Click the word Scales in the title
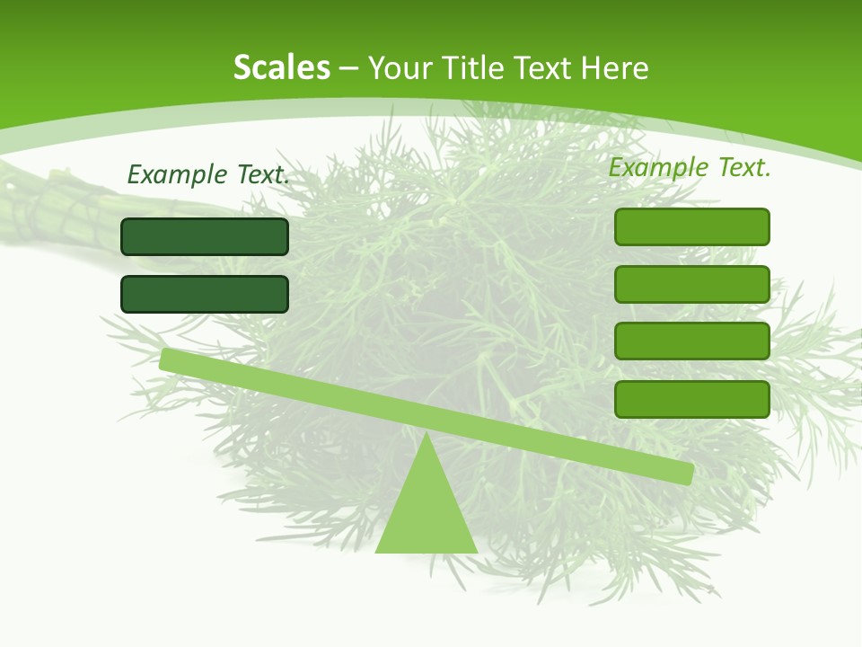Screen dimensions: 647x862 coord(281,67)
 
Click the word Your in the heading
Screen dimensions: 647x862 coord(400,67)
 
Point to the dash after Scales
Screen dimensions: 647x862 coord(349,68)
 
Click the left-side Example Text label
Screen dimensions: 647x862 coord(208,174)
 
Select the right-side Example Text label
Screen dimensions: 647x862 coord(690,167)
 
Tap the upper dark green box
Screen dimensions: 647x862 coord(205,236)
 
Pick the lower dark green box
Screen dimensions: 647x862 coord(205,294)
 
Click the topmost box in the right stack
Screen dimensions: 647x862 coord(691,226)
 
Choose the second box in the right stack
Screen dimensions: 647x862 coord(691,284)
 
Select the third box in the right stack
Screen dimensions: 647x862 coord(691,341)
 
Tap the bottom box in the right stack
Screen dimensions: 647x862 coord(691,399)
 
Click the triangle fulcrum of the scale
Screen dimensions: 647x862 coord(426,512)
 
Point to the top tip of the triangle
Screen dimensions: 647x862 coord(426,435)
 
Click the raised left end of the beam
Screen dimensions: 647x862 coord(171,359)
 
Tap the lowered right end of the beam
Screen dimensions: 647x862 coord(682,473)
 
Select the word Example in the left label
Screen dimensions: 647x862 coord(176,174)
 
